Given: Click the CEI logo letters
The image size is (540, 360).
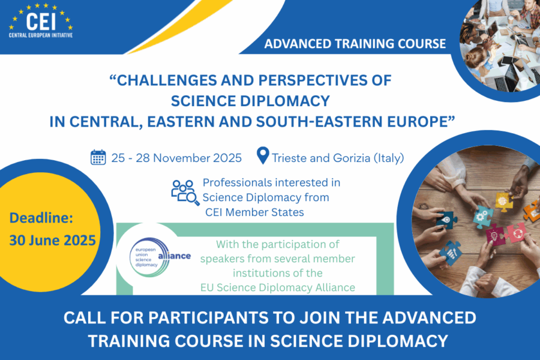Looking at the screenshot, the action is click(41, 22).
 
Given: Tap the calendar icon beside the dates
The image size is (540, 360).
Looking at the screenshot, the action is click(98, 157).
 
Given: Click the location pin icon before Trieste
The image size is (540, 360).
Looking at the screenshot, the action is click(263, 156).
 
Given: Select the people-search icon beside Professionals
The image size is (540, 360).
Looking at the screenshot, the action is click(185, 193).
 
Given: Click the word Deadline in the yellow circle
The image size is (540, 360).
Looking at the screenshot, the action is click(41, 218).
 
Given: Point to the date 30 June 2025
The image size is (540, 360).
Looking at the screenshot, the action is click(52, 241).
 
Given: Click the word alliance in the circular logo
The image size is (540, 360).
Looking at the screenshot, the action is click(174, 256).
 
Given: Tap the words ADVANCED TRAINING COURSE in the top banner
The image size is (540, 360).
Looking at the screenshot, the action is click(355, 44).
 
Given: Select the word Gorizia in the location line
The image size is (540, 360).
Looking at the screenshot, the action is click(352, 158).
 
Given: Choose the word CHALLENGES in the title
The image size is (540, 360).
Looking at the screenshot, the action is click(167, 80).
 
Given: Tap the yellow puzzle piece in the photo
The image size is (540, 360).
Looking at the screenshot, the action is click(503, 202).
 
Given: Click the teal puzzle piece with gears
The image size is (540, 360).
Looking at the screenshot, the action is click(482, 217).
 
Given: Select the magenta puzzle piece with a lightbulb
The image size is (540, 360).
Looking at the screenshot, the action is click(495, 235).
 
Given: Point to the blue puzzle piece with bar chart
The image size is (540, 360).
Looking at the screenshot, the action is click(451, 253).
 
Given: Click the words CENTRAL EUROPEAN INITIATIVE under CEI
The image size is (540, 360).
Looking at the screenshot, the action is click(41, 35).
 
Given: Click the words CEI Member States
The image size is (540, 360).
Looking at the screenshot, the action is click(254, 212).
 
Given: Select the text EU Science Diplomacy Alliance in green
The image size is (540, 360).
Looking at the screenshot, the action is click(278, 287).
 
